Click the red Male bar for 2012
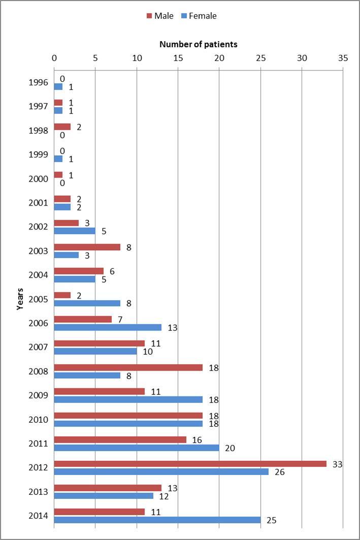coord(190,464)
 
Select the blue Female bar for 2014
coord(157,520)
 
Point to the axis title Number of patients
coord(198,44)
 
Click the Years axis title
coord(20,298)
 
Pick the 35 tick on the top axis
coord(343,58)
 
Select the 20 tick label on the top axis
coord(219,58)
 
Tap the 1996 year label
coord(39,82)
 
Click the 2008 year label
coord(39,372)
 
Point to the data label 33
coord(337,464)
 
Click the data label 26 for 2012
coord(279,472)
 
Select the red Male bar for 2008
coord(128,367)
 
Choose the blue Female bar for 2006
coord(108,327)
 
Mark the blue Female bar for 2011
coord(137,448)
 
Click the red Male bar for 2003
coord(87,247)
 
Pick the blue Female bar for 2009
coord(128,399)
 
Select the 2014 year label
coord(39,516)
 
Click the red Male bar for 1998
coord(62,127)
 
